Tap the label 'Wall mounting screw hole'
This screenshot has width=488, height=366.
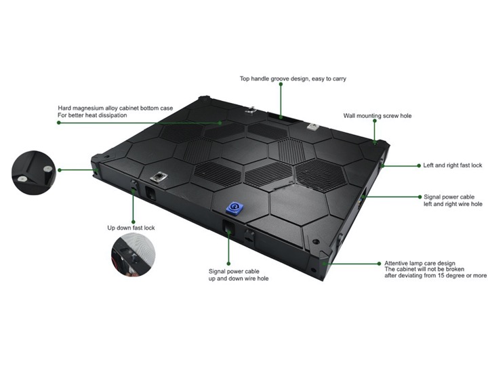(x=378, y=116)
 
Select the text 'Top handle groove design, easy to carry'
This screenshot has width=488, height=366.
(x=293, y=79)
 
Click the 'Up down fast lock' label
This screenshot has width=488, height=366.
(x=131, y=228)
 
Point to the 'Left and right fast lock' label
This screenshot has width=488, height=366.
(x=453, y=165)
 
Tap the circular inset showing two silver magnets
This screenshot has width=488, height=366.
(x=34, y=173)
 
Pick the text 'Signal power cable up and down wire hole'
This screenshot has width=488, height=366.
(x=239, y=274)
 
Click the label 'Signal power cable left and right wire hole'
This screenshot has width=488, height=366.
(x=453, y=201)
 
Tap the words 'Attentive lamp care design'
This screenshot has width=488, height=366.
(x=420, y=263)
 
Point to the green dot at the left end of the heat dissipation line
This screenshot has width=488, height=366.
(x=59, y=123)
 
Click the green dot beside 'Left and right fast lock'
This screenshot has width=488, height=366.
(x=419, y=165)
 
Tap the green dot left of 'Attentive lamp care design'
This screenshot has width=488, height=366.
(x=379, y=264)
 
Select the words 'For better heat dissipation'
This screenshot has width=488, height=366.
(x=92, y=115)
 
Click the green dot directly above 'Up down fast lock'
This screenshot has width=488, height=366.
(x=134, y=222)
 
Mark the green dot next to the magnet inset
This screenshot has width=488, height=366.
(x=60, y=170)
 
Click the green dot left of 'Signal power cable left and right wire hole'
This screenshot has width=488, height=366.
(x=420, y=197)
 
